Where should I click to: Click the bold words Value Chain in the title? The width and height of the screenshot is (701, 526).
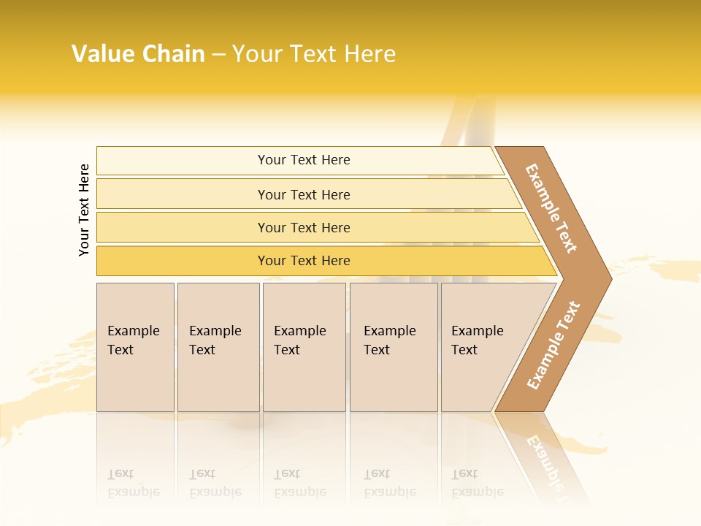click(x=138, y=54)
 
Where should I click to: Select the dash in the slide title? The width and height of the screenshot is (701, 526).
click(x=218, y=55)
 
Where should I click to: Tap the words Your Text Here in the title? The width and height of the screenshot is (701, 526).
click(x=314, y=54)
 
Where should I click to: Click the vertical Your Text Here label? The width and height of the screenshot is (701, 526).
click(x=84, y=210)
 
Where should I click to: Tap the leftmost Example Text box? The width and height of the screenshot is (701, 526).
click(x=135, y=347)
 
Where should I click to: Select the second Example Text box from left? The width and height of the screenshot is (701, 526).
click(x=218, y=347)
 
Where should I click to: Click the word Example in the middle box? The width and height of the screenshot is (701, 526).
click(x=299, y=331)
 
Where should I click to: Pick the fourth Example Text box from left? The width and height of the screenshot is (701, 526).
click(x=394, y=347)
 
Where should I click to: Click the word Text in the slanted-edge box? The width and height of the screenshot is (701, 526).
click(x=464, y=350)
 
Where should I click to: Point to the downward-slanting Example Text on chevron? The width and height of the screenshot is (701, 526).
click(x=551, y=208)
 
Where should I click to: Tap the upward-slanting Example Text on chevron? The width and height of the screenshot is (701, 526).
click(x=553, y=345)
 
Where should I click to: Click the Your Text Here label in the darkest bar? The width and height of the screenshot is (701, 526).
click(x=304, y=261)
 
